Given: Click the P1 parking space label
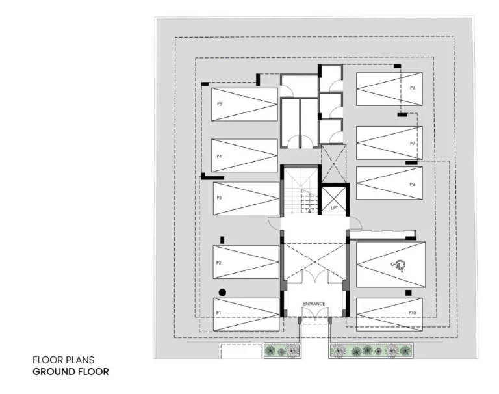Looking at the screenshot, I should tap(219, 313).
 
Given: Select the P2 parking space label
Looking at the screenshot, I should tap(219, 263).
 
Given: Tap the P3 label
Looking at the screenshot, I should tap(220, 198).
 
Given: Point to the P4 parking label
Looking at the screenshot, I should tap(220, 157).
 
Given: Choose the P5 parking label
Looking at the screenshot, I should tap(220, 104).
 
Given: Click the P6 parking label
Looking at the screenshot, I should tap(413, 88).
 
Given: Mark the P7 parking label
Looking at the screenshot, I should tap(413, 143).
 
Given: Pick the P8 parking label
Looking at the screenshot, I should tap(412, 185).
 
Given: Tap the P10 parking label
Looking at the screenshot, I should tap(412, 313).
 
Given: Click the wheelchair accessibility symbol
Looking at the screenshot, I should tap(398, 264).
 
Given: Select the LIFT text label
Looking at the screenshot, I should tap(335, 208).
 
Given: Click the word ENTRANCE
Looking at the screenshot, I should tap(314, 304).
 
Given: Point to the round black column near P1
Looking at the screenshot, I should tap(222, 293).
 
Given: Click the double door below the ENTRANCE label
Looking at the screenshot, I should tap(314, 313).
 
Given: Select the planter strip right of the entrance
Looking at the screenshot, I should tap(371, 351).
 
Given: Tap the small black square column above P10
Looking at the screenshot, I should tap(408, 293).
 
